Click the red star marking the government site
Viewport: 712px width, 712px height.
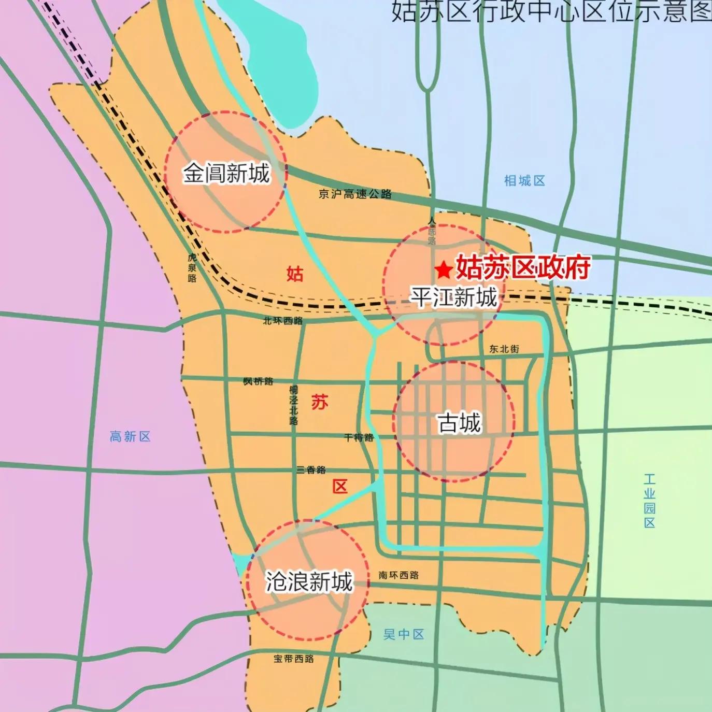443,269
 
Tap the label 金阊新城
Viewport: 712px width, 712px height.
226,173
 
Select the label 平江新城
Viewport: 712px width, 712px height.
454,297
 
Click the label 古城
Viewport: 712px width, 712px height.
459,423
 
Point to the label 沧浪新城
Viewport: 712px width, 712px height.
309,581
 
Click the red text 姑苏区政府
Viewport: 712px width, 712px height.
522,268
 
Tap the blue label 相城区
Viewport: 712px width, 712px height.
524,181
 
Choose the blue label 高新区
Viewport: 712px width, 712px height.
130,436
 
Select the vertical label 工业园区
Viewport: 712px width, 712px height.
649,501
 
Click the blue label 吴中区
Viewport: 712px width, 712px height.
404,634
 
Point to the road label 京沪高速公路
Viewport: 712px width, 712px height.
355,194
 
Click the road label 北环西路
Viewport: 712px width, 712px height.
283,321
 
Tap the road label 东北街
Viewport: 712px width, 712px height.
504,349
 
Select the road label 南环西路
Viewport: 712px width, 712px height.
398,575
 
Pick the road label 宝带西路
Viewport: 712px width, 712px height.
294,659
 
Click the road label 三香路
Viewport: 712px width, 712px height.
311,469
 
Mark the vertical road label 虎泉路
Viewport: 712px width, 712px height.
192,267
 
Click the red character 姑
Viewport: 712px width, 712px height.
295,273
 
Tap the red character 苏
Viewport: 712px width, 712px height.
320,402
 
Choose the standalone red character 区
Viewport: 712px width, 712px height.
340,487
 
